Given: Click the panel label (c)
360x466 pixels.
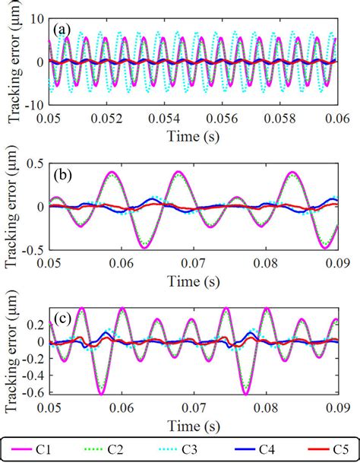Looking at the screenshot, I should [x=63, y=319].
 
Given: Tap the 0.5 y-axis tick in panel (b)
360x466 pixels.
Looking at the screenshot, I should [x=35, y=162].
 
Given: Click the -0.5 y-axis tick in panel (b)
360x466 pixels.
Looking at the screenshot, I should [x=33, y=249].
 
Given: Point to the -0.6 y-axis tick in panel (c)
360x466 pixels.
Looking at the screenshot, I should [x=33, y=392].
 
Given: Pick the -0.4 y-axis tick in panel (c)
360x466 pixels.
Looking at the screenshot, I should [x=33, y=375].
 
